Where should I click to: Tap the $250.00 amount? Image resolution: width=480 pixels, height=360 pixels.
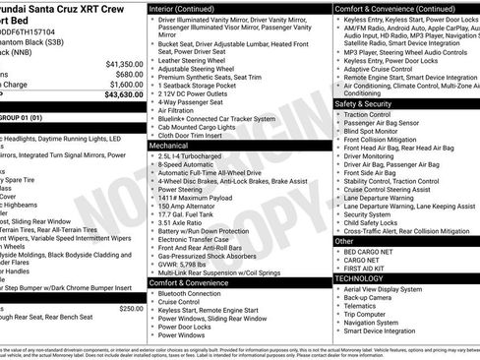coord(130,308)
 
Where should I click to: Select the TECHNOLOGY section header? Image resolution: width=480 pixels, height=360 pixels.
coord(362,278)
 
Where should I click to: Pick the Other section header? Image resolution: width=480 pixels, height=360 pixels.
coord(344,240)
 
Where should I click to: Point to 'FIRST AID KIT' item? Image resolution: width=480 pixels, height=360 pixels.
coord(369,270)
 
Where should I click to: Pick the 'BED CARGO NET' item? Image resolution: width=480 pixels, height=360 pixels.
coord(371,251)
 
